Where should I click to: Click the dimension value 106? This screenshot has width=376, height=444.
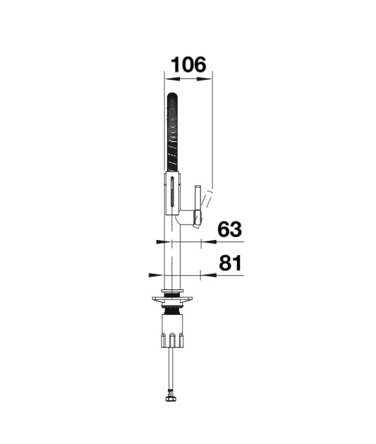point(189,65)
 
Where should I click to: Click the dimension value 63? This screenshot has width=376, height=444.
point(230,229)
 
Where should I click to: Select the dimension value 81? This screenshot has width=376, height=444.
point(231,263)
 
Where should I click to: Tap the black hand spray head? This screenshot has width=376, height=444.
point(172,132)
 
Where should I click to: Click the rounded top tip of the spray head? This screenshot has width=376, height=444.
point(172,93)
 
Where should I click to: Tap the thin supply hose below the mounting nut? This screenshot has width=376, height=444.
point(171,372)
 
